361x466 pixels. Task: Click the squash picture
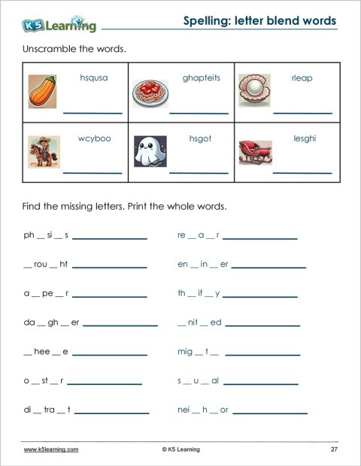point(42,93)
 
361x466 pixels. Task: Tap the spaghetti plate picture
point(150,93)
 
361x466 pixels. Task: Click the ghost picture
point(149,152)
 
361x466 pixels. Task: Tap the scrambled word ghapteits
point(201,78)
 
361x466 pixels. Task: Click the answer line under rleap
point(302,113)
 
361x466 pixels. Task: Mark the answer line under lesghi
point(302,173)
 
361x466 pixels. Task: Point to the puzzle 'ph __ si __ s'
point(46,236)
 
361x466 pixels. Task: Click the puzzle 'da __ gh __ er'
point(51,322)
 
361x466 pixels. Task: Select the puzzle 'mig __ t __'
point(198,352)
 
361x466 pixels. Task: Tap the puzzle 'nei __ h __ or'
point(203,410)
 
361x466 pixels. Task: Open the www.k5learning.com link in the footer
point(51,449)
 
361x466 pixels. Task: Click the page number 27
point(334,449)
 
